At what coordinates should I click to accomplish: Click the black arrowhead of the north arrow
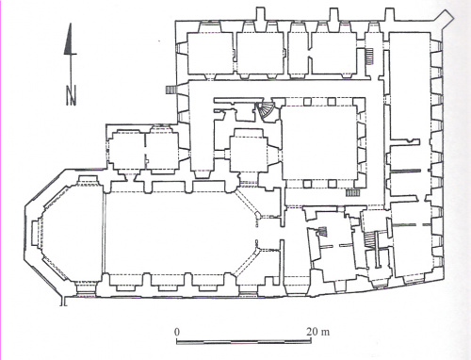click(70, 40)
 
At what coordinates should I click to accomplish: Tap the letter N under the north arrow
click(72, 95)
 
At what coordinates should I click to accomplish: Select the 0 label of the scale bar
click(177, 332)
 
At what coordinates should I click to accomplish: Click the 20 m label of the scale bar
click(318, 332)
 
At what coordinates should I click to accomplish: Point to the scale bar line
click(244, 341)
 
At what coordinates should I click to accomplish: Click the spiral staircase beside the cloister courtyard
click(267, 112)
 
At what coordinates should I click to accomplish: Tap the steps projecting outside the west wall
click(171, 90)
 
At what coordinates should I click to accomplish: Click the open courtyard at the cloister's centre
click(319, 143)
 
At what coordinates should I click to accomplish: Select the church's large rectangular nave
click(168, 233)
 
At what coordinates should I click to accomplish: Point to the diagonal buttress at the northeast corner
click(447, 19)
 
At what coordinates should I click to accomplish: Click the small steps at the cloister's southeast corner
click(352, 192)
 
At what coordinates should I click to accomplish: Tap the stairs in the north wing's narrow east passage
click(370, 56)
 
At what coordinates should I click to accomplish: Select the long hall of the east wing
click(410, 87)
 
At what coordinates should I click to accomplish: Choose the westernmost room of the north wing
click(210, 53)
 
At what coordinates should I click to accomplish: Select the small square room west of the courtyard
click(249, 155)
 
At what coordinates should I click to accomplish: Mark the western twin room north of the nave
click(127, 151)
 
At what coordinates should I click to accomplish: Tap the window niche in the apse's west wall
click(36, 233)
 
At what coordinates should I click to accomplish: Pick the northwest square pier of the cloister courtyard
click(308, 102)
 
